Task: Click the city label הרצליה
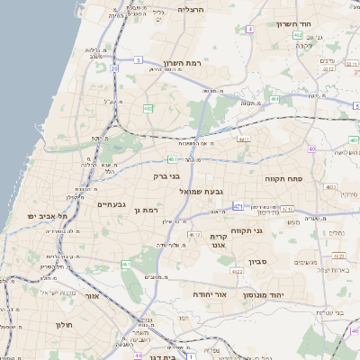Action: tap(192, 9)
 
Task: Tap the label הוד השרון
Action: tap(318, 24)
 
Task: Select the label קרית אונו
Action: tap(219, 240)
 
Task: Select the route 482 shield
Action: tap(148, 107)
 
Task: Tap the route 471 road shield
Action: tap(238, 207)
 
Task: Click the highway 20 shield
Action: tap(114, 68)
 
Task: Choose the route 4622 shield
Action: tap(193, 234)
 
